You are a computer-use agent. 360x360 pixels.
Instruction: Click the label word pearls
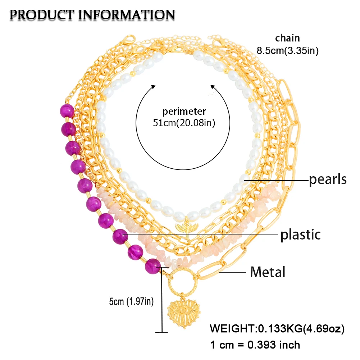328,179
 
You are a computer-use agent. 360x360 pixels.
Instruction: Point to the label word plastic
300,235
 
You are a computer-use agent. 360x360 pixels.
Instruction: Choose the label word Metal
268,272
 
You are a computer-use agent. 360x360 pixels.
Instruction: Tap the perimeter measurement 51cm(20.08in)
184,123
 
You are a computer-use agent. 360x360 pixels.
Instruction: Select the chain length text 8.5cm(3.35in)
288,50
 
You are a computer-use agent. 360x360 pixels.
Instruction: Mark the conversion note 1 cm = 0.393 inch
255,345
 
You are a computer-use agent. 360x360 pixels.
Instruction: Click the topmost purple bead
67,111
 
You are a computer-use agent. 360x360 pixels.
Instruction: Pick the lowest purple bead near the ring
153,266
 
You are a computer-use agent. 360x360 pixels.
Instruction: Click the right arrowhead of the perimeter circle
212,87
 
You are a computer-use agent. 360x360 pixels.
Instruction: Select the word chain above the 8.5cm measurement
287,38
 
